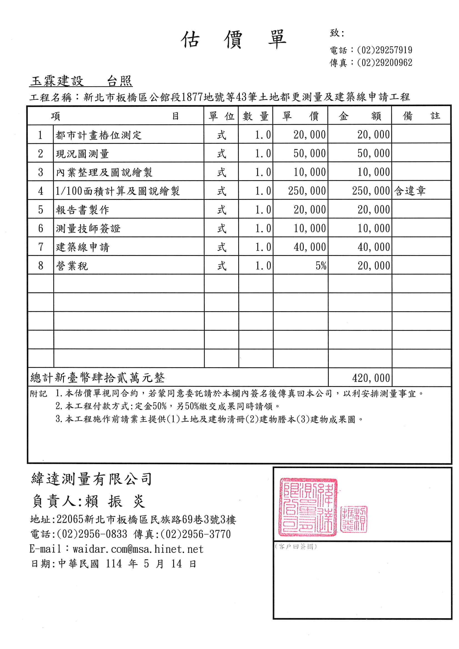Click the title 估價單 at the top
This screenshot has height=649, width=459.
[234, 40]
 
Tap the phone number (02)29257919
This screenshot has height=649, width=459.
[384, 50]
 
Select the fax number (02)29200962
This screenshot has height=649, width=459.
[384, 63]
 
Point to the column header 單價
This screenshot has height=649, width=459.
[300, 116]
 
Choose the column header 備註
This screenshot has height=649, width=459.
[421, 116]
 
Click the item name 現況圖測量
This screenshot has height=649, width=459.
[82, 154]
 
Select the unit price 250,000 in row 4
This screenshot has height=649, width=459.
[307, 191]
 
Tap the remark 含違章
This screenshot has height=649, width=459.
[410, 191]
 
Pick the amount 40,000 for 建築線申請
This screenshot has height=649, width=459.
[373, 247]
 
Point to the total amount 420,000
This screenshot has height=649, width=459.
[371, 378]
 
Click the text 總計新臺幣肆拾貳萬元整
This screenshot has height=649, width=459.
[97, 378]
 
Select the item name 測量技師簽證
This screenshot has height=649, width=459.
[88, 228]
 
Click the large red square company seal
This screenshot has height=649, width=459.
[308, 507]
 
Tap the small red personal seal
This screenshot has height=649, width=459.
[354, 519]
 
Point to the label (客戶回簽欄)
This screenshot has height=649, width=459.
[296, 547]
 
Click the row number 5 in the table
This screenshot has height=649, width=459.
[41, 210]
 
